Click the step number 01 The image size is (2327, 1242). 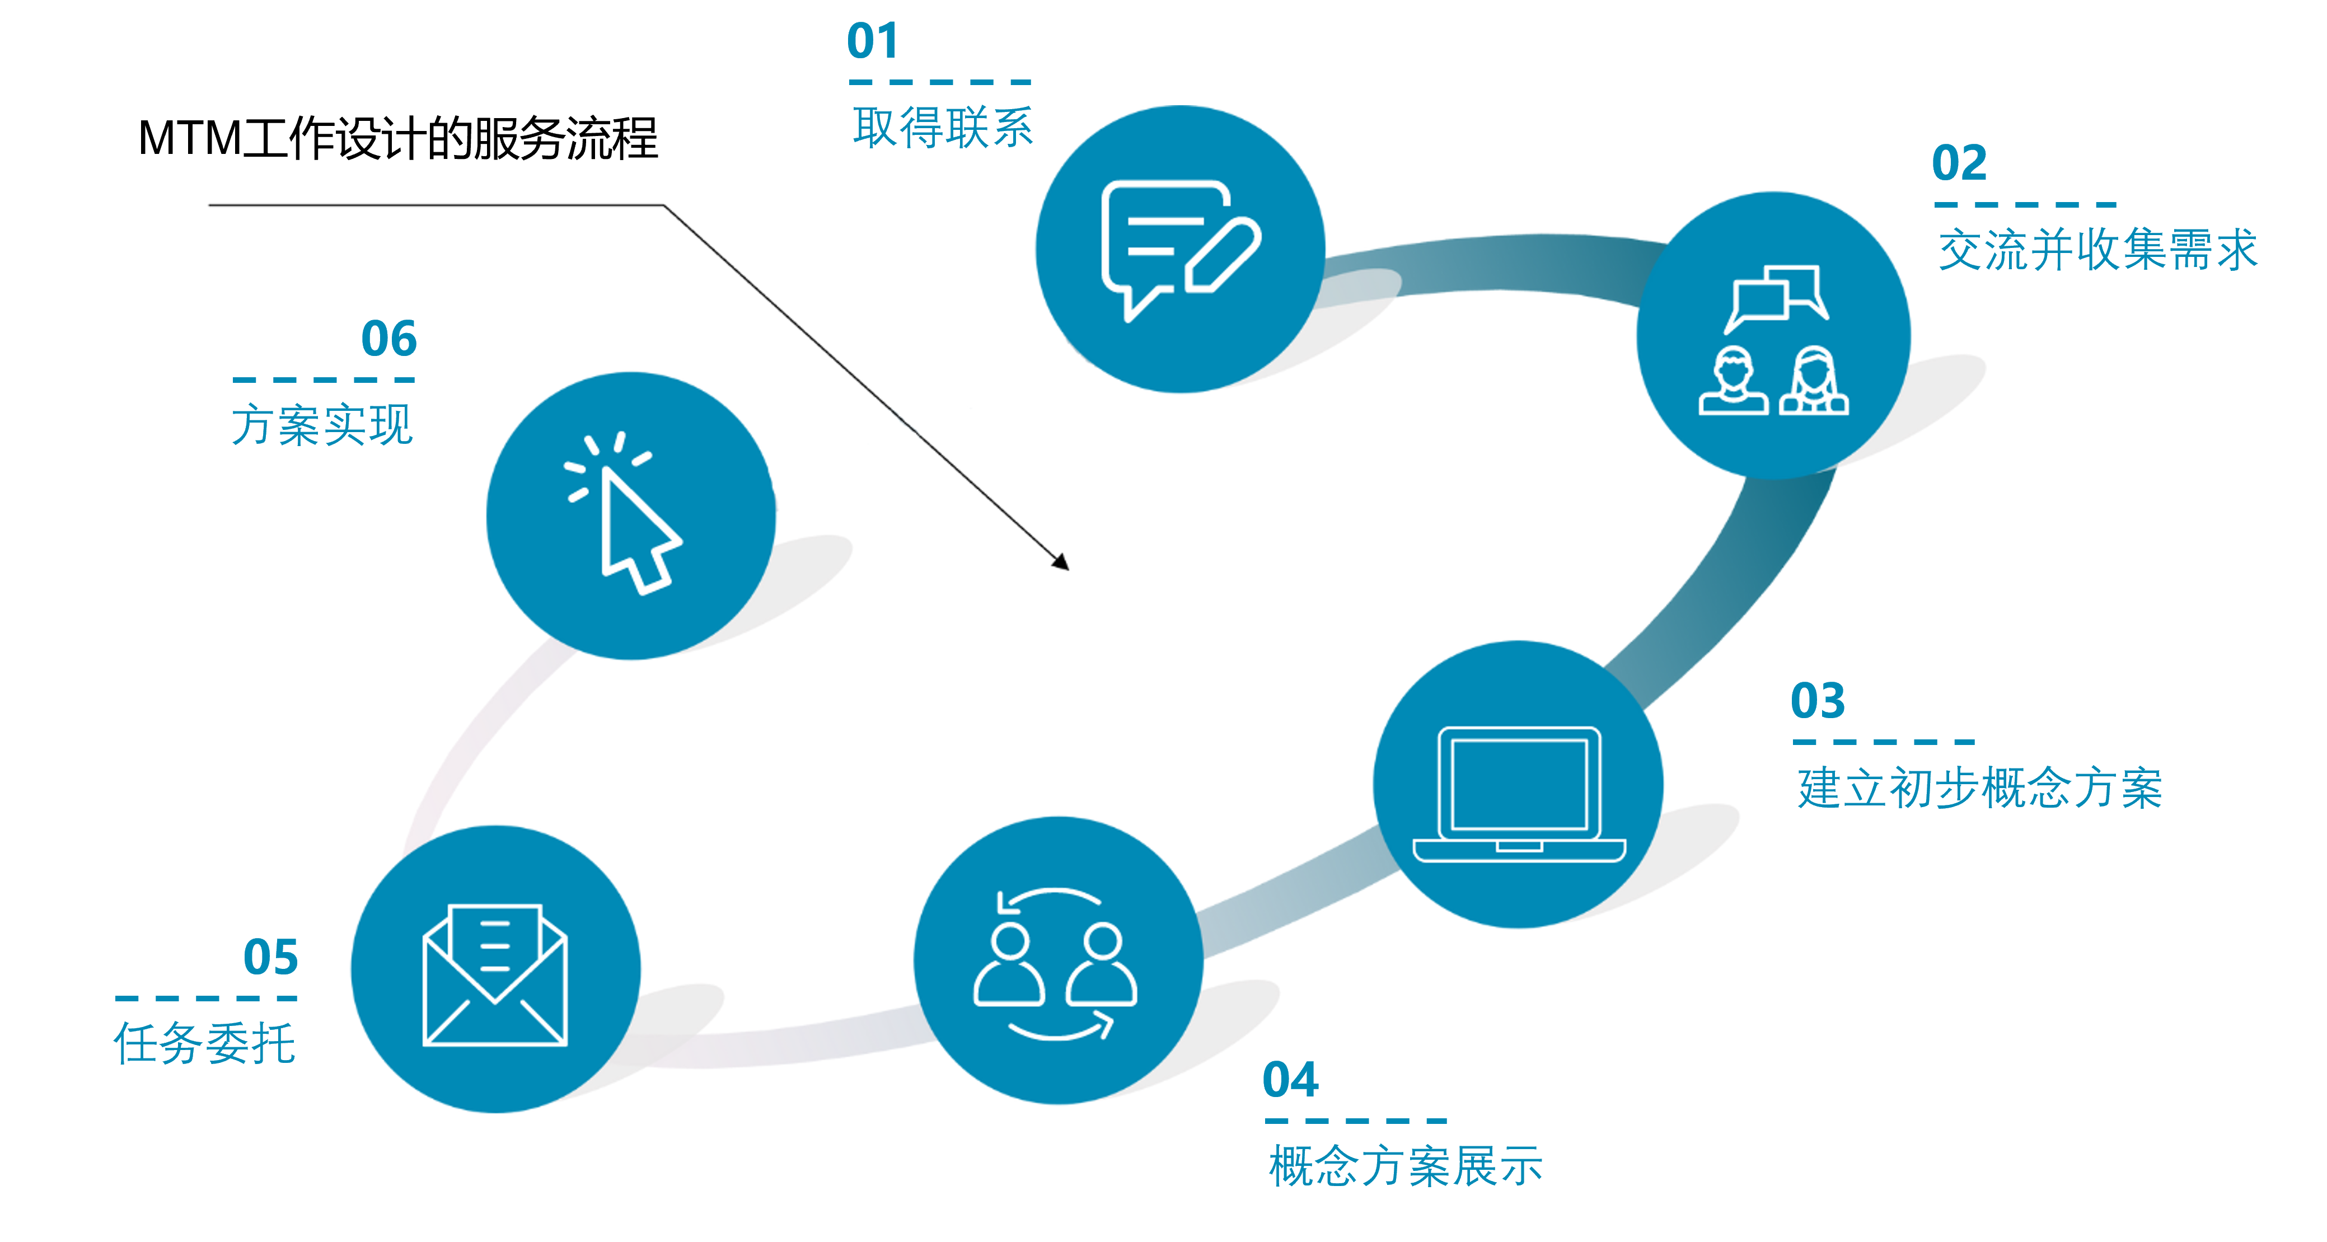[x=873, y=41]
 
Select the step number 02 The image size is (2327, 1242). [x=1959, y=163]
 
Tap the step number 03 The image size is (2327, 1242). [x=1818, y=701]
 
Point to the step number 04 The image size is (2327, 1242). [x=1290, y=1080]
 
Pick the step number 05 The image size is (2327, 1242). [x=270, y=958]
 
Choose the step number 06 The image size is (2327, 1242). [x=388, y=339]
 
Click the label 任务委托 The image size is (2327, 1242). [x=205, y=1044]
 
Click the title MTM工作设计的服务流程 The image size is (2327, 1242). [x=397, y=139]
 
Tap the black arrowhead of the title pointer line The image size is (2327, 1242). [x=1061, y=562]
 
